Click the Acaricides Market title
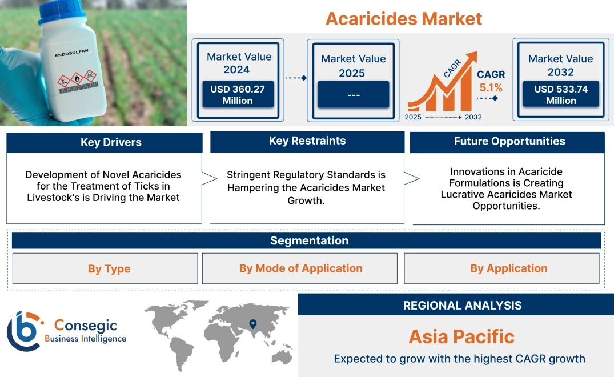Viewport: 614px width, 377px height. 404,19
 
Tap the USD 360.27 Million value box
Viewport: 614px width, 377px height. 238,94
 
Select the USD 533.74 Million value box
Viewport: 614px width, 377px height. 561,94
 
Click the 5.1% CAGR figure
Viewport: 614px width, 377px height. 491,88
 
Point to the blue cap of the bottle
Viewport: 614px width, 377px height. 63,11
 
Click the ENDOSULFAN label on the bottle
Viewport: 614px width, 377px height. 71,53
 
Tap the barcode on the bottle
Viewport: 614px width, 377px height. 79,88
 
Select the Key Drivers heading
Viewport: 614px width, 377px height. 111,142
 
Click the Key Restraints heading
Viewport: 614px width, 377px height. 307,141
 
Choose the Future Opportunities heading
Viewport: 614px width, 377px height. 509,141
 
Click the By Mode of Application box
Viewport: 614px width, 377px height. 299,268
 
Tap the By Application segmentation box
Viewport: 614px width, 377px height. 501,268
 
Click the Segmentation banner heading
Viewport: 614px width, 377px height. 310,240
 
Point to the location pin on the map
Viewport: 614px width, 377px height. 253,324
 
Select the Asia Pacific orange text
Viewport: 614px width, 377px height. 461,336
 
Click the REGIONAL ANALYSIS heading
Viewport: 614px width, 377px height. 463,306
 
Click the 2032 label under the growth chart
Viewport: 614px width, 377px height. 473,117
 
